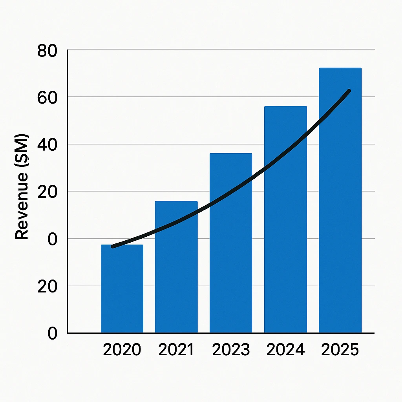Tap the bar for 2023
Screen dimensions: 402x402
pyautogui.click(x=231, y=251)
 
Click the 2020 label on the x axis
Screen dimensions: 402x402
pyautogui.click(x=122, y=350)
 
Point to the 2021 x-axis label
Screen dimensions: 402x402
pyautogui.click(x=176, y=350)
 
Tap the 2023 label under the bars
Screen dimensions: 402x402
pyautogui.click(x=231, y=350)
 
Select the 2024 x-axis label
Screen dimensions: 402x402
pyautogui.click(x=285, y=350)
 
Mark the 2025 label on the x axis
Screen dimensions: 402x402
pyautogui.click(x=340, y=350)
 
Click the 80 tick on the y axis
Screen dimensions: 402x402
pyautogui.click(x=47, y=51)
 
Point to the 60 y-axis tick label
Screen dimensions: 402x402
pyautogui.click(x=47, y=97)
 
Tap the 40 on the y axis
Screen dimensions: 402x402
pyautogui.click(x=47, y=144)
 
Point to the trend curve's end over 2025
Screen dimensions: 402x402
pyautogui.click(x=349, y=91)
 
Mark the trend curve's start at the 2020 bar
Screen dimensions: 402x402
pyautogui.click(x=113, y=246)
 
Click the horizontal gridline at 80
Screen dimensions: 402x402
pyautogui.click(x=220, y=49)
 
